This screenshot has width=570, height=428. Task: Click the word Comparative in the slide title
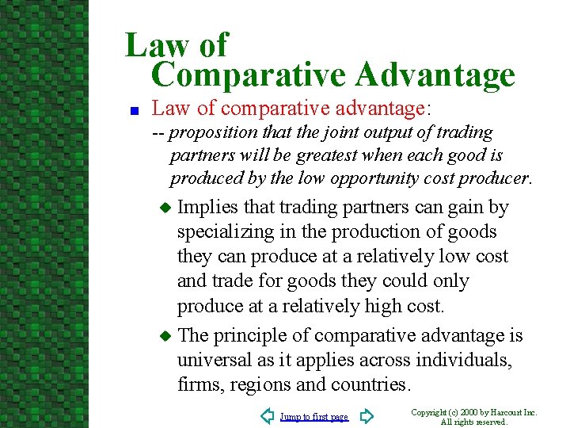coord(247,76)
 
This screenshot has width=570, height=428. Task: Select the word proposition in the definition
coord(213,132)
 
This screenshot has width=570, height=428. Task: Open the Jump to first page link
coord(313,417)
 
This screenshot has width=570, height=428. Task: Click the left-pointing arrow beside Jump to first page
coord(267,416)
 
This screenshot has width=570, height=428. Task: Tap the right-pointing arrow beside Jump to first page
coord(366,416)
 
